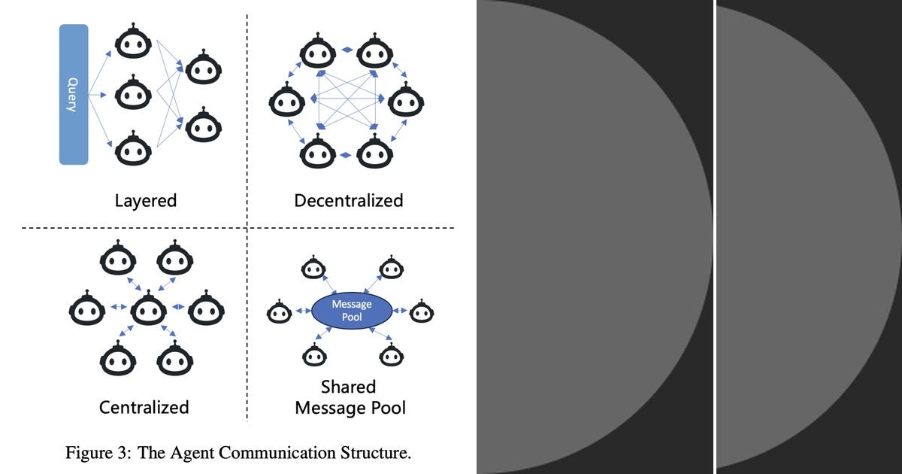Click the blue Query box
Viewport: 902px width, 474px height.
click(74, 95)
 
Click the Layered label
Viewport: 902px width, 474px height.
click(145, 201)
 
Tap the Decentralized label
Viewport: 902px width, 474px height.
click(349, 201)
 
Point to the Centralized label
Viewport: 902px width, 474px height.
click(144, 407)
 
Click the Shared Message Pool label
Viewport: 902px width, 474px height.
click(350, 397)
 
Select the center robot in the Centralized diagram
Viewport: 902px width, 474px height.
click(148, 308)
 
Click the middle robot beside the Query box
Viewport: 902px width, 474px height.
click(133, 94)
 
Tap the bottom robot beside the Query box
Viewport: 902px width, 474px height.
click(133, 148)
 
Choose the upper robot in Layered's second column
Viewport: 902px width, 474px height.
click(203, 68)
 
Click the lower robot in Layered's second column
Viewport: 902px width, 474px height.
click(203, 126)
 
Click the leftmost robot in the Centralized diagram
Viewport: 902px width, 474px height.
click(87, 308)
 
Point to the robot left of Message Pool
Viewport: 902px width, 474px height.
click(280, 311)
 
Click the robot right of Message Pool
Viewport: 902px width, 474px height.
click(422, 311)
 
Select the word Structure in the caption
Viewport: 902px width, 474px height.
click(375, 453)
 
